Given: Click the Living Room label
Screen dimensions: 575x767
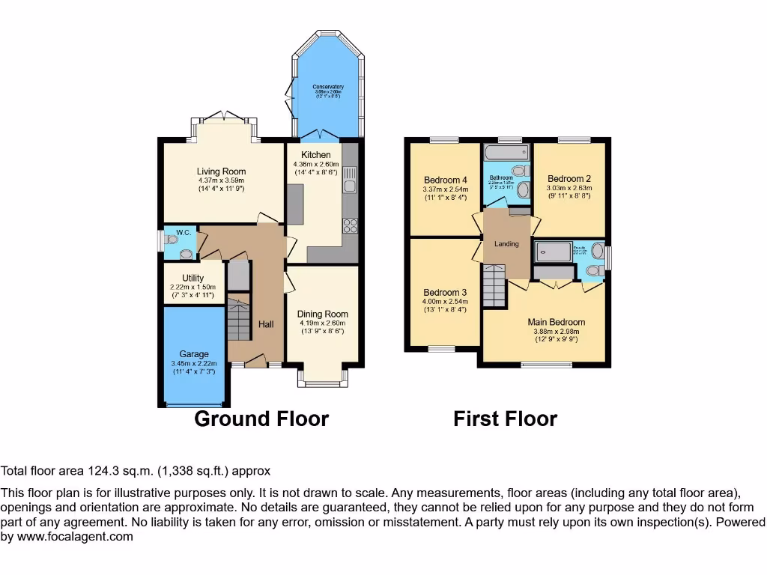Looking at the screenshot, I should pos(221,171).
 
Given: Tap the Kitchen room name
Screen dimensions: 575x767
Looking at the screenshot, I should pos(316,155).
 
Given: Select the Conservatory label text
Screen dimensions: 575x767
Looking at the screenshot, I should pos(328,88).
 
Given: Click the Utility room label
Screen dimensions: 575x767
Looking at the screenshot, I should pos(192,278).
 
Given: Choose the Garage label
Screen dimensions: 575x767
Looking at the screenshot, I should pos(193,354).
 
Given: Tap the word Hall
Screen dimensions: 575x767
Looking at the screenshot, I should pos(266,324).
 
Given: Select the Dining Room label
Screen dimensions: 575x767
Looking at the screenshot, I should pos(322,314).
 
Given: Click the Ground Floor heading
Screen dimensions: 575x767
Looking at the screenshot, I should pos(261,419).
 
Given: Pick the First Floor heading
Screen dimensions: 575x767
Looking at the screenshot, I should pos(505,419).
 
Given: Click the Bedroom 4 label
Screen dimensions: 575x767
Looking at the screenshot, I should pos(446,180).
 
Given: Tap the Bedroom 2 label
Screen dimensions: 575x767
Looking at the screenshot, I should pos(569,179).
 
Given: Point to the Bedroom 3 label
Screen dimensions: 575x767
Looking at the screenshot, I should pos(445,293).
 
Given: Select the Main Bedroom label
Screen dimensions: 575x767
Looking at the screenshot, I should pos(557,323).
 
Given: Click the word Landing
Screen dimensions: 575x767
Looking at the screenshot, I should pos(506,244).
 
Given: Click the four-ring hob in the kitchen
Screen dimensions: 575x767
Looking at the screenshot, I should pos(350,225).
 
